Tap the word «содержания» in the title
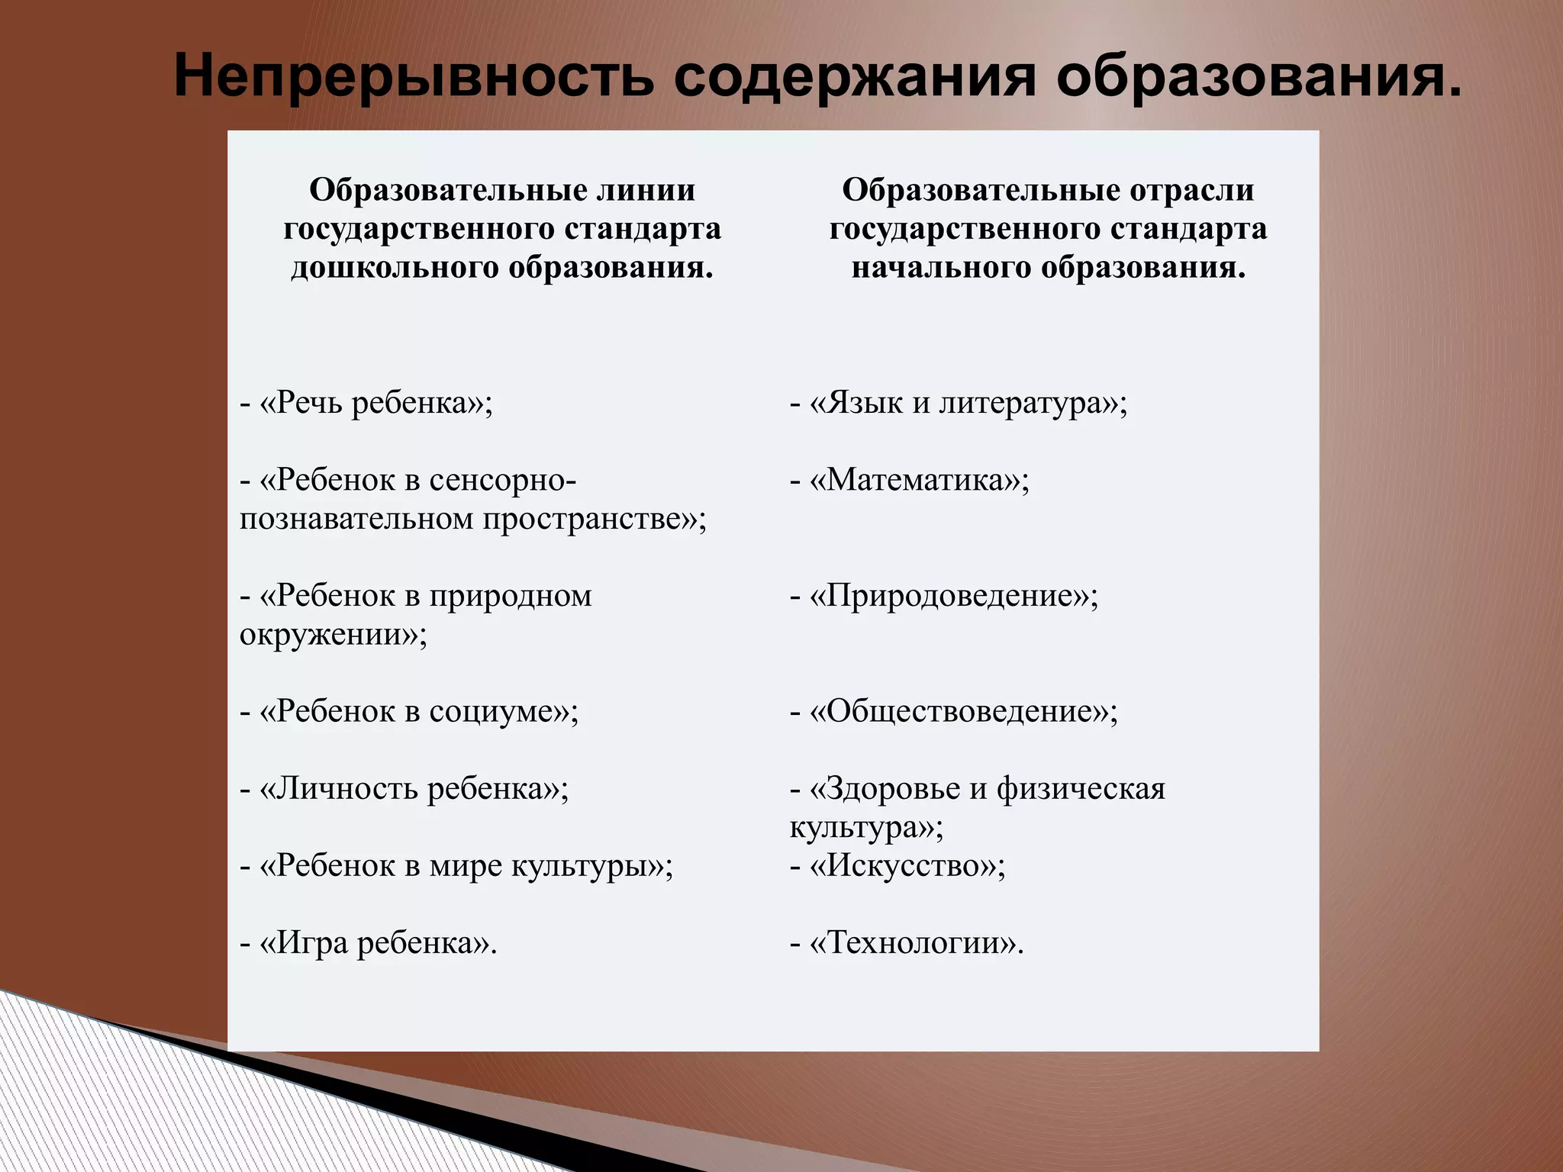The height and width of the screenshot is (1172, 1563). [855, 78]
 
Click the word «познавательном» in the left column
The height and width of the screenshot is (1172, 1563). [355, 520]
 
